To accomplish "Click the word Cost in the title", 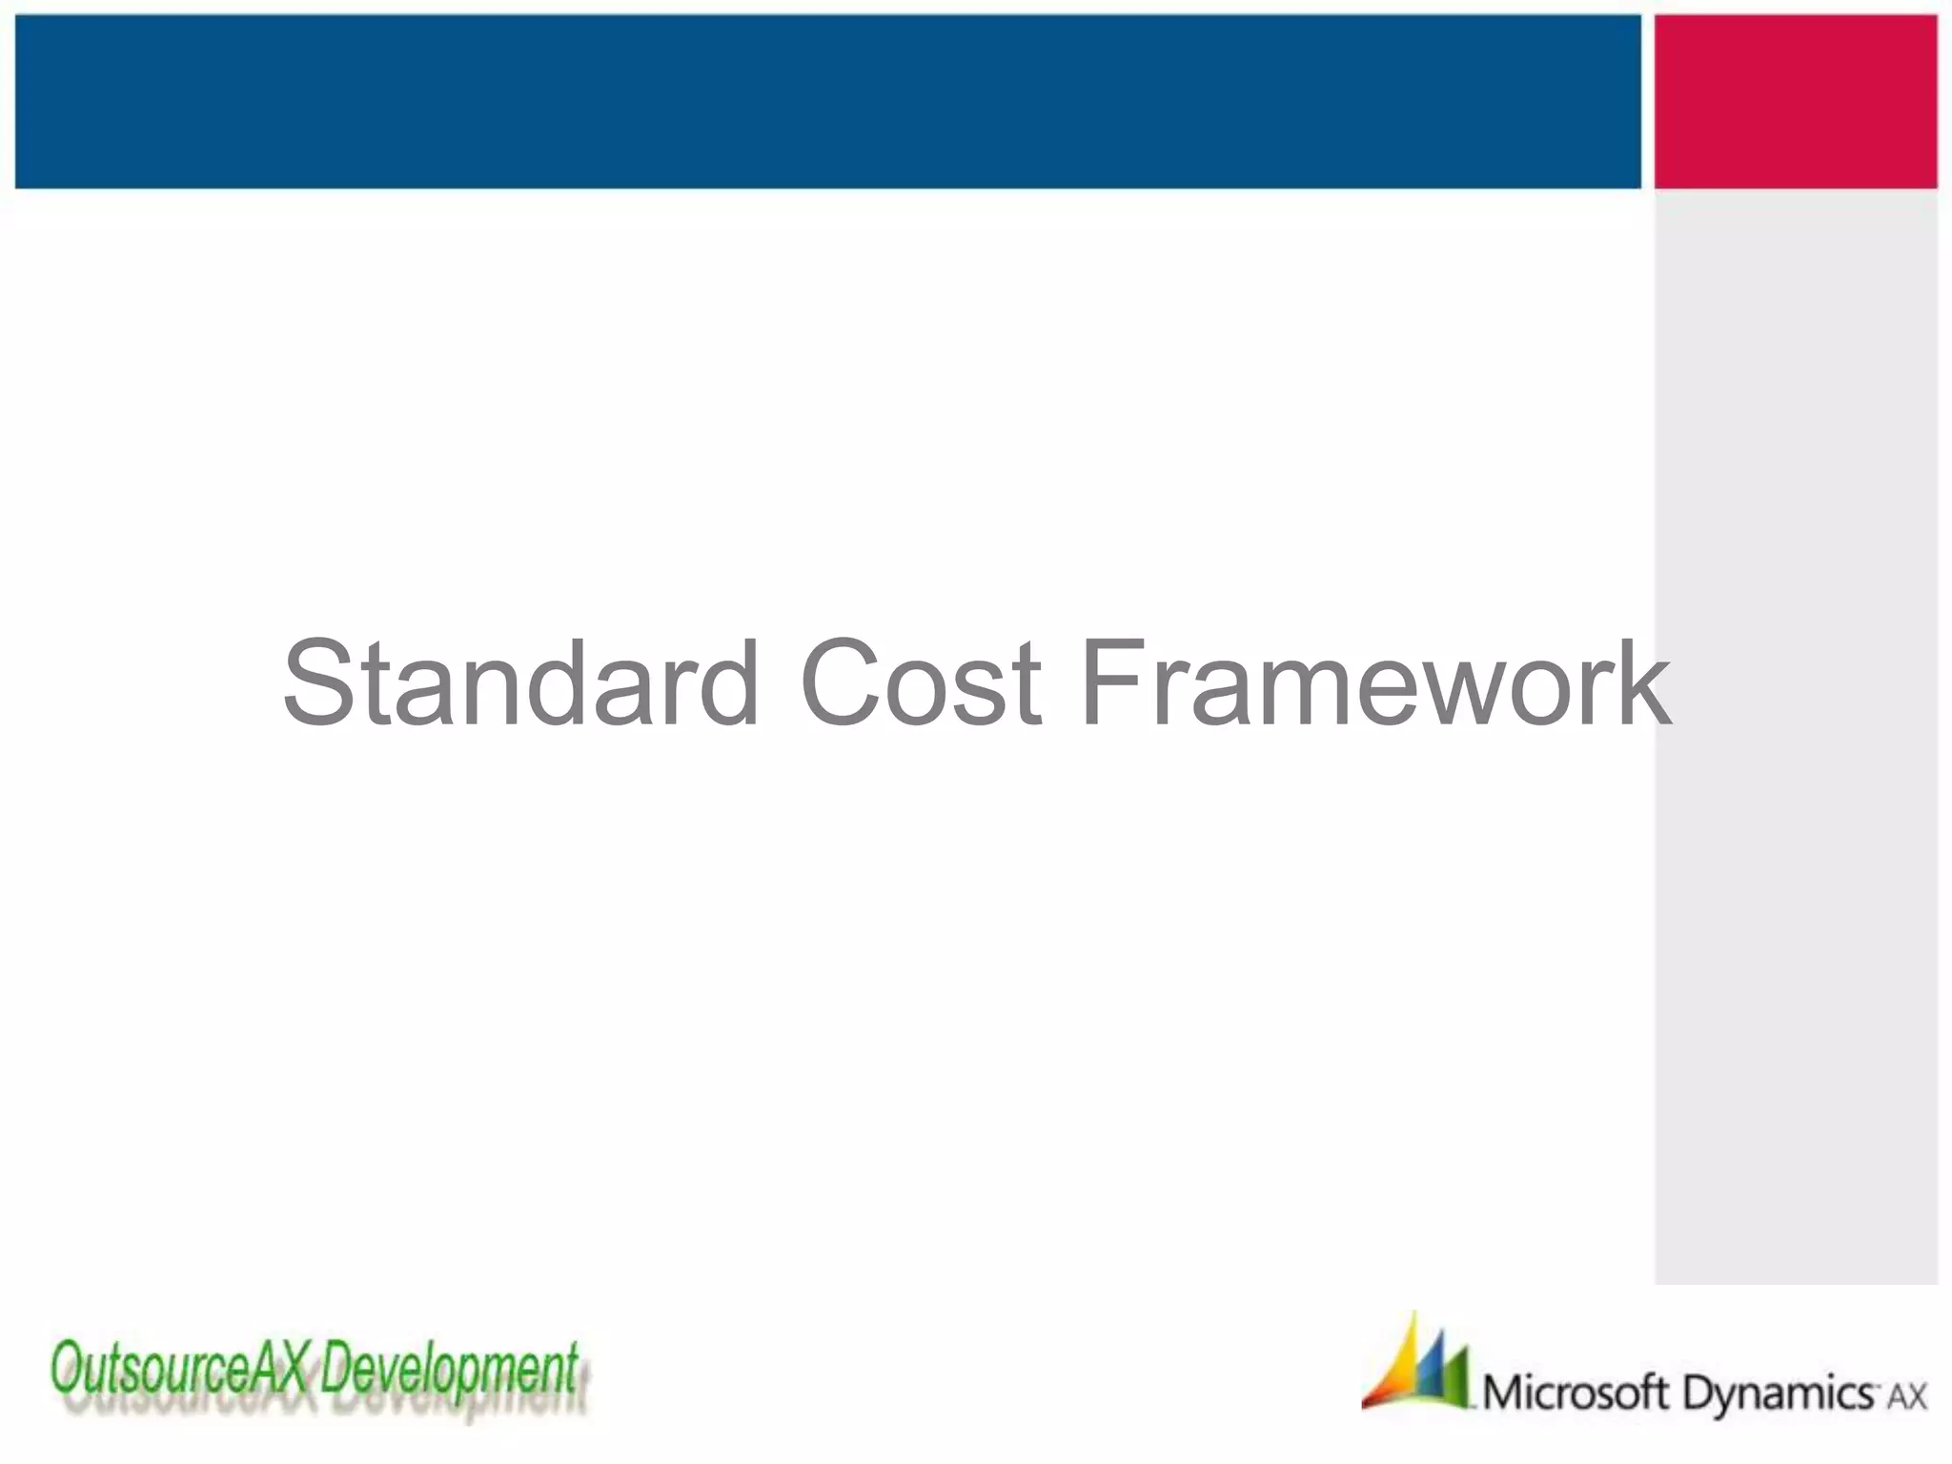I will click(921, 682).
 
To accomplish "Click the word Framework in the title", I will click(1375, 682).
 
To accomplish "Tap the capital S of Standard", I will click(320, 682).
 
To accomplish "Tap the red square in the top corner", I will click(1796, 101).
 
